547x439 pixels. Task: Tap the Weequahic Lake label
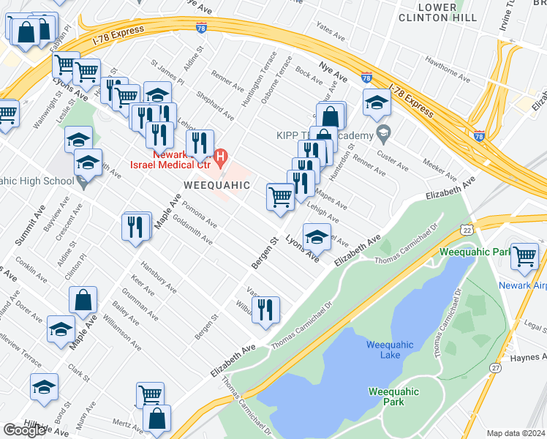[x=390, y=350]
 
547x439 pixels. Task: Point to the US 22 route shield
[x=465, y=230]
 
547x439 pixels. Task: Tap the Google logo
[x=24, y=430]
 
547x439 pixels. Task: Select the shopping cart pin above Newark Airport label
[x=525, y=257]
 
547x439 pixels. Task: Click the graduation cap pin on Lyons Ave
[x=316, y=238]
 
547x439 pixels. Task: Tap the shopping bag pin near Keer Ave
[x=83, y=300]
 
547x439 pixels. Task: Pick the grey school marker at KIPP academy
[x=382, y=134]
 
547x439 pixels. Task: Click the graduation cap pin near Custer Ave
[x=377, y=103]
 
